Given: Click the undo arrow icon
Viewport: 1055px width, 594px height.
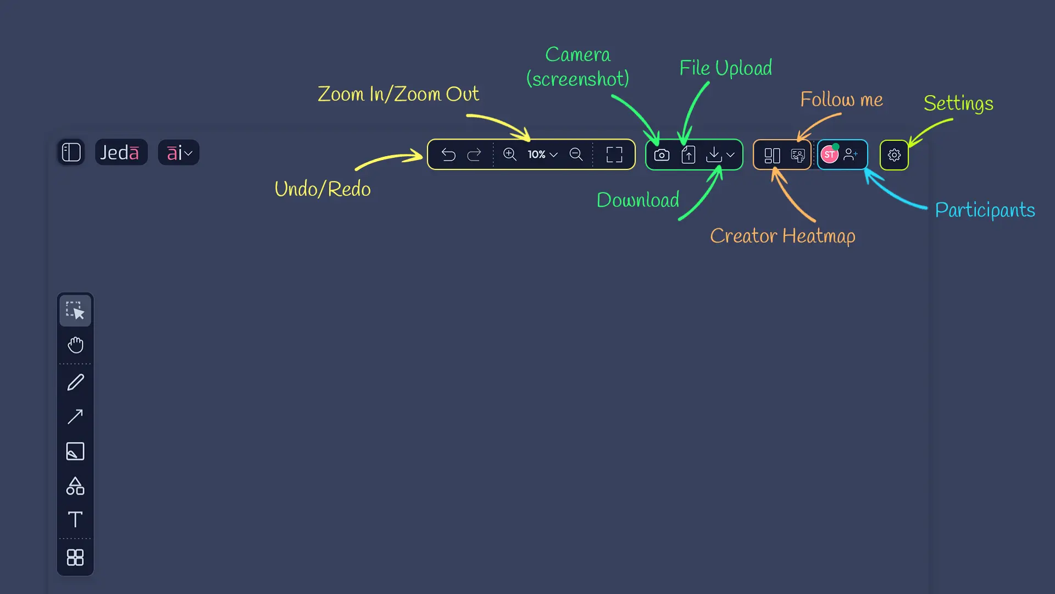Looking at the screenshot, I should tap(448, 155).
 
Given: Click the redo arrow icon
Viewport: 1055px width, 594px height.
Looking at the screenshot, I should tap(474, 155).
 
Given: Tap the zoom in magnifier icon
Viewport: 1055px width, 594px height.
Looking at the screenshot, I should tap(510, 155).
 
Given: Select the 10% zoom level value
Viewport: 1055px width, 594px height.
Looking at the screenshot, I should tap(536, 155).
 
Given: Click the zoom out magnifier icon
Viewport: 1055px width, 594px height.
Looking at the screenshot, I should tap(576, 155).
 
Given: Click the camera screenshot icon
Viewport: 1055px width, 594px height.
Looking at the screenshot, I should tap(662, 155).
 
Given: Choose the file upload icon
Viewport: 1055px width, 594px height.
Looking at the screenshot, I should tap(688, 155).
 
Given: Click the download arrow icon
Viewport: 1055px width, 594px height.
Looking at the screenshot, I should tap(714, 155).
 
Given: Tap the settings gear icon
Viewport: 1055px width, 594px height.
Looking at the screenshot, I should tap(894, 155).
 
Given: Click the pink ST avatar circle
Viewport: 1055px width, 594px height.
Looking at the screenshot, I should tap(829, 155).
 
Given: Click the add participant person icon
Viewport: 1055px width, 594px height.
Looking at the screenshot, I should tap(851, 155).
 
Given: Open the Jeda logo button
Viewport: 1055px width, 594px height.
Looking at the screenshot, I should tap(120, 152).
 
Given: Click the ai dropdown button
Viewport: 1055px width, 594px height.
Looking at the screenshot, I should tap(179, 152).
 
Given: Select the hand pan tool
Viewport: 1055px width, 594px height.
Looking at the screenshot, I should tap(75, 345).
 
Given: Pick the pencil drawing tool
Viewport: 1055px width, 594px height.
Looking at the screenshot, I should tap(75, 382).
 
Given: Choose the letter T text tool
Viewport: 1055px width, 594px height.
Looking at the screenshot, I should tap(75, 520).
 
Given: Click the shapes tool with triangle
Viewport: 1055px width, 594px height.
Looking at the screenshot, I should tap(75, 486).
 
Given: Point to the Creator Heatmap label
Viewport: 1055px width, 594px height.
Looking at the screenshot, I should tap(782, 236).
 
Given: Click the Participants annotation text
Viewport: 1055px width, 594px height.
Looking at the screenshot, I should tap(985, 210).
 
